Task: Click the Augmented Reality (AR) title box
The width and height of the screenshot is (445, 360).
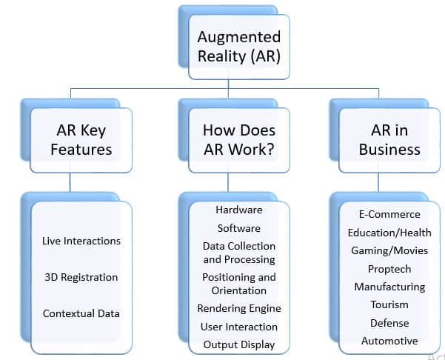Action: coord(238,46)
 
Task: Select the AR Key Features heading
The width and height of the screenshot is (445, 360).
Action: coord(81,139)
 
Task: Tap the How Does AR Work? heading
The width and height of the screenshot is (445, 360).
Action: coord(238,139)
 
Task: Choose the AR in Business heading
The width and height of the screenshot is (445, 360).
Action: coord(389,139)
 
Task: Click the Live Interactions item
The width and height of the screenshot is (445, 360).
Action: coord(81,241)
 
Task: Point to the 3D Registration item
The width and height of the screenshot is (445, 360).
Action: coord(81,277)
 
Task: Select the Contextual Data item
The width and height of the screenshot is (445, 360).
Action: coord(81,313)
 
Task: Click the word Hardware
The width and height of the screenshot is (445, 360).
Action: coord(238,210)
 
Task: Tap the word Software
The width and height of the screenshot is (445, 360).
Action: coord(238,228)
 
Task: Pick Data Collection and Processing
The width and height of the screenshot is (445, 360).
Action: coord(238,253)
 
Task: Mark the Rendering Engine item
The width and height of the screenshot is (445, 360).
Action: coord(238,308)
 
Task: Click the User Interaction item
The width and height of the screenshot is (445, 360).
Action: coord(238,327)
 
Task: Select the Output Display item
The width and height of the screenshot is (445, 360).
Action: coord(238,344)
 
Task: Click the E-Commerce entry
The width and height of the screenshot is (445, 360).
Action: coord(389,214)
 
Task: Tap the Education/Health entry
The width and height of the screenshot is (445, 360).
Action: coord(389,233)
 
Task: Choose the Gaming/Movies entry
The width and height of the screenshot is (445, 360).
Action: coord(389,250)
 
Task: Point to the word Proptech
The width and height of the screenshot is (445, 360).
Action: coord(389,269)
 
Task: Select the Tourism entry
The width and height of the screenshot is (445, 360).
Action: coord(389,304)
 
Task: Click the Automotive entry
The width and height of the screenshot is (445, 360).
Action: coord(389,341)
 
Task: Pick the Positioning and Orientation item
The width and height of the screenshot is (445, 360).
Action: coord(238,284)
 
